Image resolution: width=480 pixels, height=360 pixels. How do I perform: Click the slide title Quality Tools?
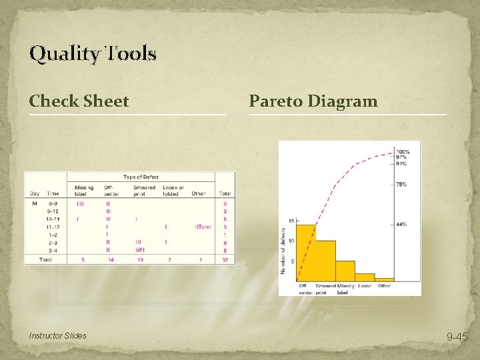(93, 53)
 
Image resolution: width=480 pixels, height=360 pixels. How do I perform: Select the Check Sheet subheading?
(79, 101)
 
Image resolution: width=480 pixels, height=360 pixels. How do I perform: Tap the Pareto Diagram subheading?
(313, 101)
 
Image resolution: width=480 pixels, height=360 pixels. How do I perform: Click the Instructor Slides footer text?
(57, 335)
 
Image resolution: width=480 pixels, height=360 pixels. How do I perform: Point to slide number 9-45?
(457, 337)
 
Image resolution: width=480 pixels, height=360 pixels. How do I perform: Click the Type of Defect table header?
(142, 177)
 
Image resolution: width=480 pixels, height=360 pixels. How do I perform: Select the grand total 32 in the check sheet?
(225, 260)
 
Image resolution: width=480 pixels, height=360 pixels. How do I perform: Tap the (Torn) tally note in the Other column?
(203, 227)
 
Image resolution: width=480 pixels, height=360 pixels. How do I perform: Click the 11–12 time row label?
(53, 227)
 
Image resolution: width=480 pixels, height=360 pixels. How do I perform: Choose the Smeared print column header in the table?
(145, 191)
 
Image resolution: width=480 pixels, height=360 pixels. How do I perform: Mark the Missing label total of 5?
(83, 260)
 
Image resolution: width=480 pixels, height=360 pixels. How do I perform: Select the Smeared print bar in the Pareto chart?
(325, 260)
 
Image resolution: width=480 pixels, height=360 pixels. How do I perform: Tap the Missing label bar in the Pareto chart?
(345, 270)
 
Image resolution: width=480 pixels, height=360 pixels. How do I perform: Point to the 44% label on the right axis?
(401, 225)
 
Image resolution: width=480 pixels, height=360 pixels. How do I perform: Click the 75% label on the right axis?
(401, 185)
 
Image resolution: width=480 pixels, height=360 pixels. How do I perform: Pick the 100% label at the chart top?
(403, 152)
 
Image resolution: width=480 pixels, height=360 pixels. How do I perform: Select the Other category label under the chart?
(384, 286)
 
